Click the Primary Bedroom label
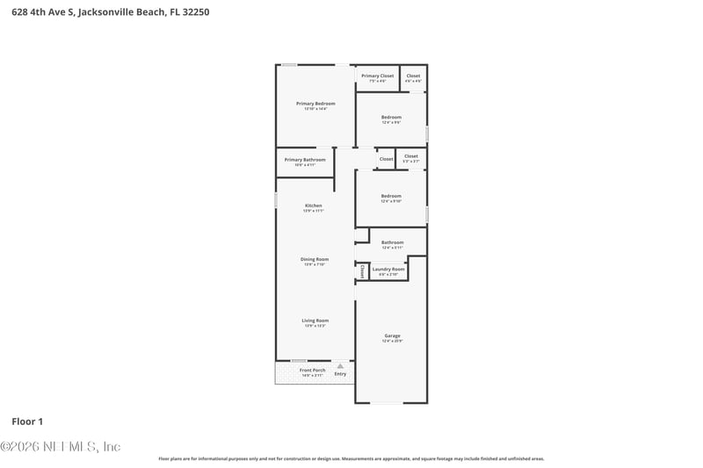[315, 104]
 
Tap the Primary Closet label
[378, 76]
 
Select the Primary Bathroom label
[305, 160]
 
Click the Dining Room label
[315, 259]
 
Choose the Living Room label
[315, 320]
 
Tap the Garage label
[392, 335]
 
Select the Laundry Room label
[388, 269]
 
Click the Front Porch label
[312, 371]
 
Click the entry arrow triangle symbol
[340, 366]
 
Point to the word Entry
[340, 374]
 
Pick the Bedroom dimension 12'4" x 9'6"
[391, 123]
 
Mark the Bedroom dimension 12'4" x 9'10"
[391, 201]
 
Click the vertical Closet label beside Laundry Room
[361, 270]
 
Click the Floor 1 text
[27, 421]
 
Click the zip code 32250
[195, 12]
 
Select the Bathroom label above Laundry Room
[393, 242]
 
